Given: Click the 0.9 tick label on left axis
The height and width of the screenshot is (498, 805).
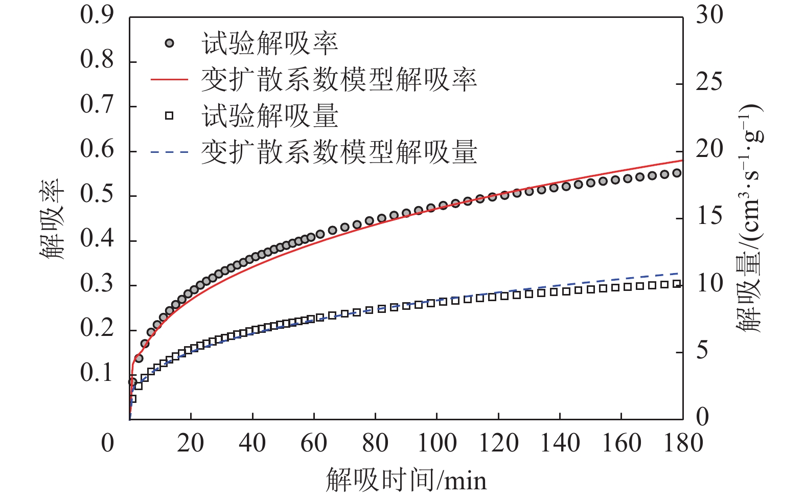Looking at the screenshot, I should (97, 15).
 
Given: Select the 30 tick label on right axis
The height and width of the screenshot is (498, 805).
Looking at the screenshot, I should (709, 15).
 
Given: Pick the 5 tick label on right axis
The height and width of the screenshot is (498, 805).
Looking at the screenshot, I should (703, 351).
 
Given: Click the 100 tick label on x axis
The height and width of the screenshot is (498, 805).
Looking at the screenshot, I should (437, 443).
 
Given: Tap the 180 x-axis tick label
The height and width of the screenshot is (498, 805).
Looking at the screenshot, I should (683, 443).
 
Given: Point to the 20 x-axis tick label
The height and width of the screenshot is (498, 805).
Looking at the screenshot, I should (191, 443).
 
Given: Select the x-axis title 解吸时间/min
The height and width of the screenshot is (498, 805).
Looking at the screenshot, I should (406, 480).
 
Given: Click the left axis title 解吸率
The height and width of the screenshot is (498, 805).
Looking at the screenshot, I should (52, 219).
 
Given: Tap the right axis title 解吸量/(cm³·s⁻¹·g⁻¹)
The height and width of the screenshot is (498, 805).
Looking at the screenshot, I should (749, 219).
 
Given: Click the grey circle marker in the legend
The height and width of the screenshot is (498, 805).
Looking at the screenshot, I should (169, 43).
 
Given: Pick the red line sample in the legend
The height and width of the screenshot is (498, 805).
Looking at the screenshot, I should (169, 80).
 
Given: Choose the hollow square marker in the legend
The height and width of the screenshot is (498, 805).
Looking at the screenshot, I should (169, 116).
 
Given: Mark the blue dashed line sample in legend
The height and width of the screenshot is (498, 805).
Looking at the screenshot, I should (169, 152).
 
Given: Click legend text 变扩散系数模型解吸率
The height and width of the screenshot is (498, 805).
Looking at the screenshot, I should (339, 80).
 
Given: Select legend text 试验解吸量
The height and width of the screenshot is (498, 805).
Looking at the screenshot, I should (270, 116).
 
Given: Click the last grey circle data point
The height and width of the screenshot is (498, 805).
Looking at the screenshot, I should (677, 173).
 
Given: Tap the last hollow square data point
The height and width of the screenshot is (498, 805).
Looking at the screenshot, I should (677, 284).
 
